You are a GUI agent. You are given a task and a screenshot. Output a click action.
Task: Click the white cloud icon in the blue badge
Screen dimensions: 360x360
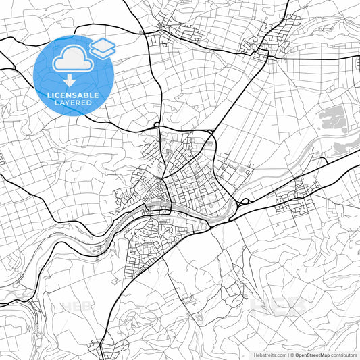pyautogui.click(x=70, y=60)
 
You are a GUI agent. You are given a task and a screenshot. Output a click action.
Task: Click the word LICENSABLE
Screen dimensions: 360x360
pyautogui.click(x=73, y=95)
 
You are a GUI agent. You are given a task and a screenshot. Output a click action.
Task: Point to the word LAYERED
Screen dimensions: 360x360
pyautogui.click(x=73, y=105)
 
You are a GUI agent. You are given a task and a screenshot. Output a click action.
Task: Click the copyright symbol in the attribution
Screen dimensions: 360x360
pyautogui.click(x=290, y=355)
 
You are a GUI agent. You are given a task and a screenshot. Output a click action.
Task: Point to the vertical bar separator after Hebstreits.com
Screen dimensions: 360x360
pyautogui.click(x=286, y=355)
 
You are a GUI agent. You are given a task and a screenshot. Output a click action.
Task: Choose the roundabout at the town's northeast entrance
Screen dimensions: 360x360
pyautogui.click(x=211, y=131)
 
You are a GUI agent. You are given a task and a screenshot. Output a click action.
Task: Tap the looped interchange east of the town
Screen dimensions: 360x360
pyautogui.click(x=245, y=201)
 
